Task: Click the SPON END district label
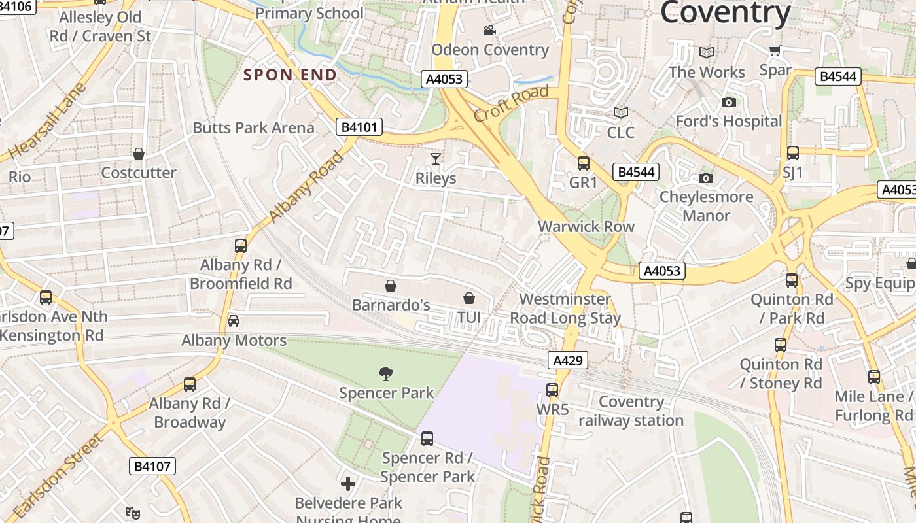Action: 290,75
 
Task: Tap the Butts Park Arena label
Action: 253,127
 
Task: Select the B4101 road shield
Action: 360,127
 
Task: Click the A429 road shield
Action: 567,360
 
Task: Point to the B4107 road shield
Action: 153,466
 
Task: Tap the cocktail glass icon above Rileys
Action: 436,158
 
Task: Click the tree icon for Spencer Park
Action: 386,373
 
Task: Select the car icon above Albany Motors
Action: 234,320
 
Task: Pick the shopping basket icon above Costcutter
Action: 139,154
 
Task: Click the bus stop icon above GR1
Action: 583,163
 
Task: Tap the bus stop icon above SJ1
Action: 792,153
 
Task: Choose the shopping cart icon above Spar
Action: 775,50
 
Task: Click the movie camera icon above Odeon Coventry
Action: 489,30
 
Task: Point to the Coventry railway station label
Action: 631,411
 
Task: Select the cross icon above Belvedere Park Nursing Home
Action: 348,483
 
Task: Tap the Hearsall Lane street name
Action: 48,122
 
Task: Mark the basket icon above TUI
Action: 469,298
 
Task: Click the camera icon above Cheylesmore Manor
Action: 705,178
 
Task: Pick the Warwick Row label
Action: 586,226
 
